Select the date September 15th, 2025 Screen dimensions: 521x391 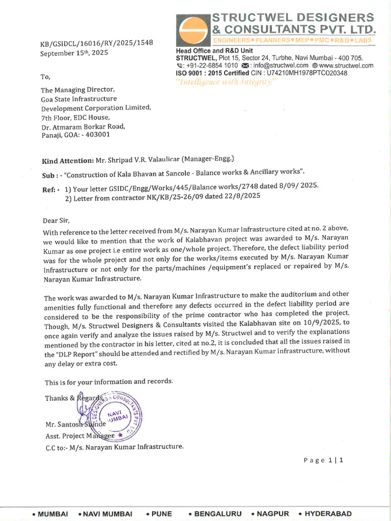pos(74,52)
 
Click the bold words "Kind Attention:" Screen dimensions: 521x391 pos(67,160)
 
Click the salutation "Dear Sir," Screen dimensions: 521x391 pos(57,221)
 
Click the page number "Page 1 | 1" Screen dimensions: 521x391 pos(324,460)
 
